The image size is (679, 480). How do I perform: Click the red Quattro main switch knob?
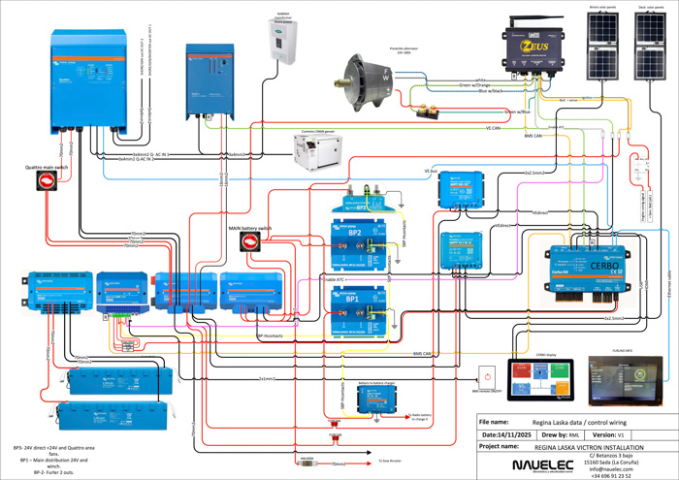[46, 181]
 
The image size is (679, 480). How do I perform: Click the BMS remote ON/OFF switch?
[487, 375]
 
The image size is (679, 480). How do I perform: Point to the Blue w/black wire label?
[486, 91]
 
